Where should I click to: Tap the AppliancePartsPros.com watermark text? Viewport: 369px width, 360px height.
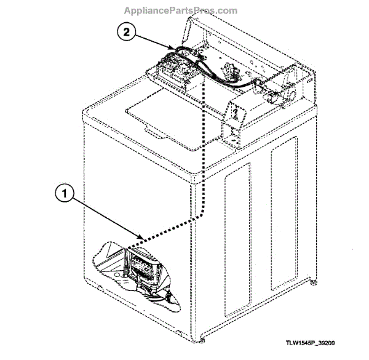(180, 10)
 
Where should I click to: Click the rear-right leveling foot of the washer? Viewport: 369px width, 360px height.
(315, 282)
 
